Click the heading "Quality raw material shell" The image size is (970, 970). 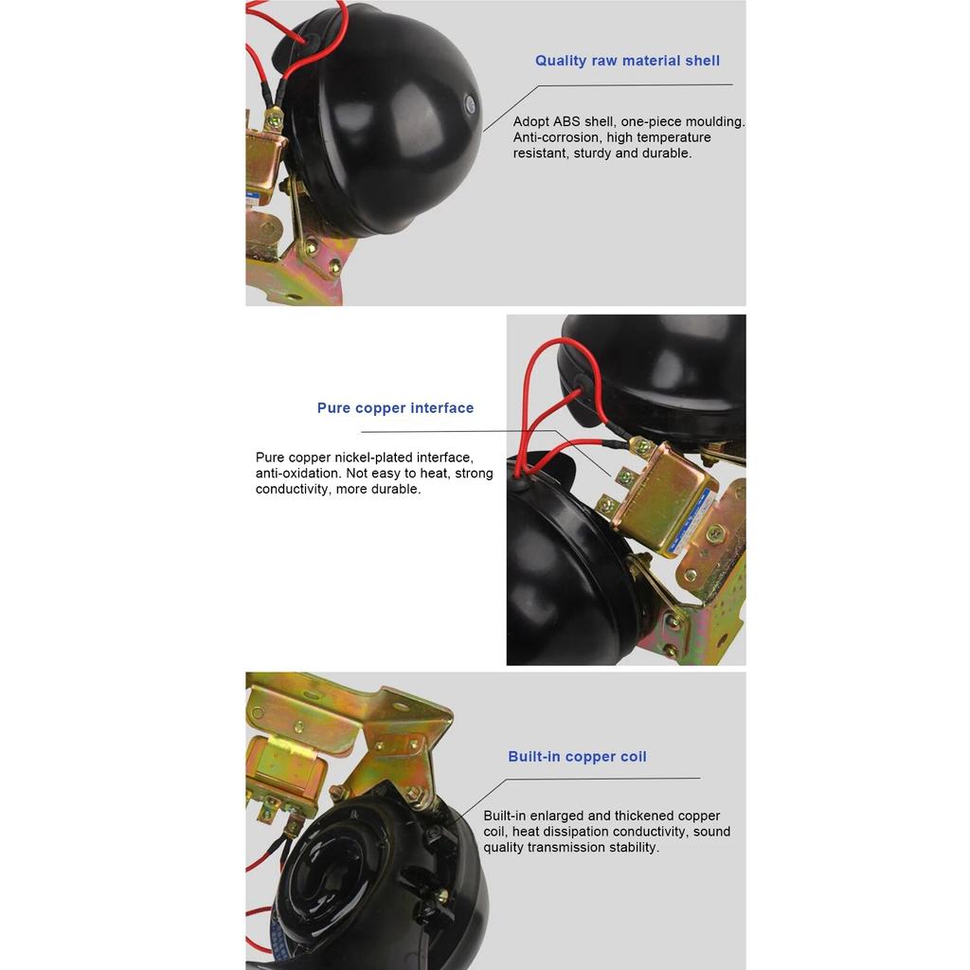point(627,61)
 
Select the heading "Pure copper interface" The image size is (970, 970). point(395,408)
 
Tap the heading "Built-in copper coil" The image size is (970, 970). point(577,757)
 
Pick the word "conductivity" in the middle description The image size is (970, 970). point(293,490)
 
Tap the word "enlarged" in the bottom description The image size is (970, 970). point(557,816)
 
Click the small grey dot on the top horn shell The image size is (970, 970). point(471,103)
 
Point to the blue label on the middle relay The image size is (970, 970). point(692,522)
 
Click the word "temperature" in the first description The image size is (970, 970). point(674,137)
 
